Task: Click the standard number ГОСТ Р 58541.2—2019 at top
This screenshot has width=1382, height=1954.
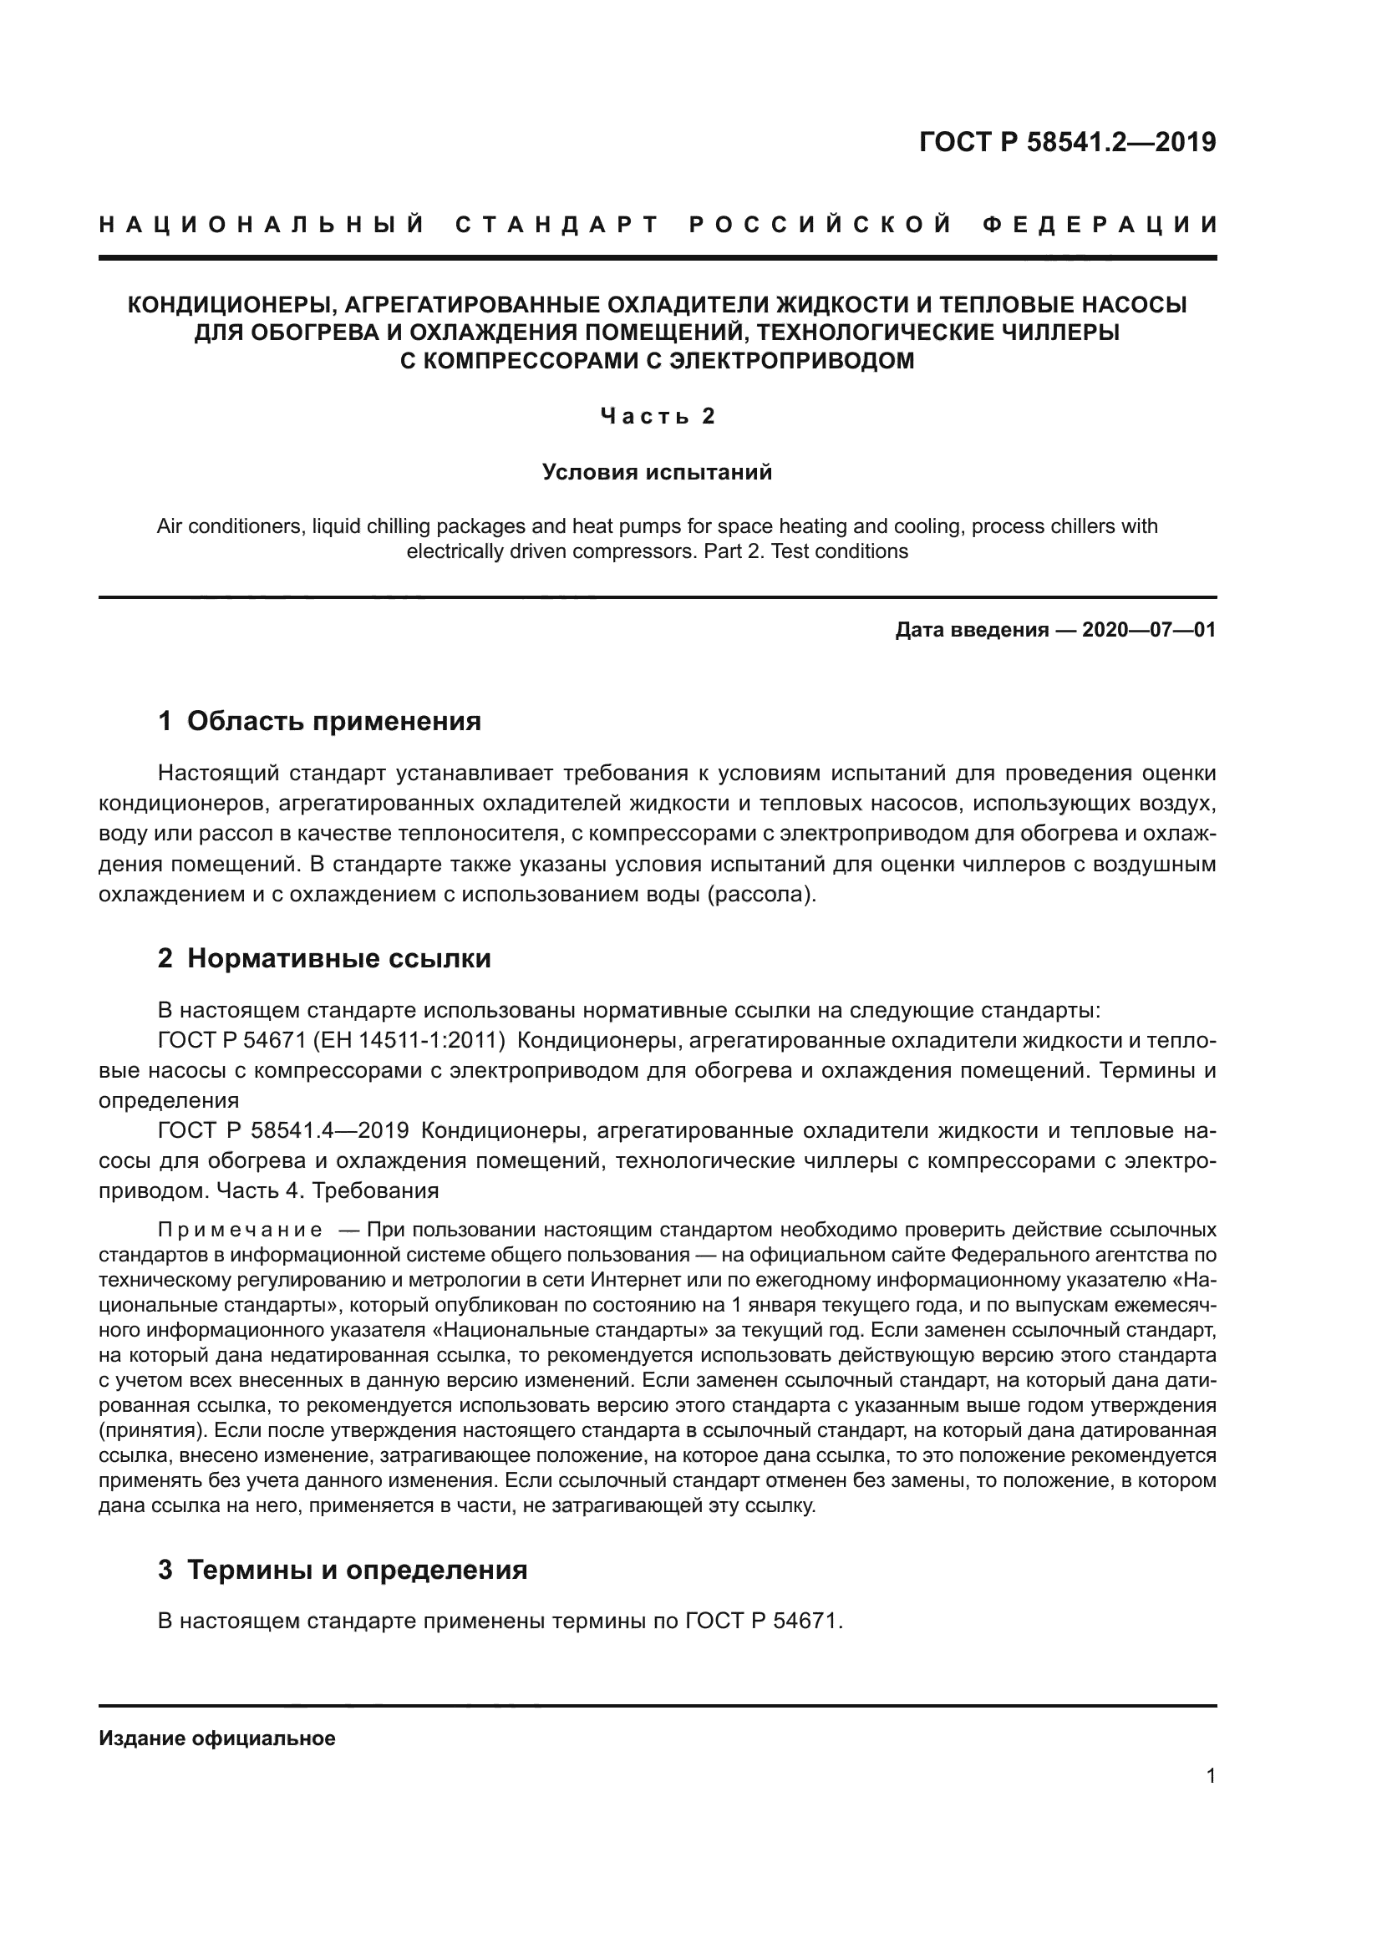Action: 1067,142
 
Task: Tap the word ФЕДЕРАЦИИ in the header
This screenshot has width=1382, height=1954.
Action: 1100,225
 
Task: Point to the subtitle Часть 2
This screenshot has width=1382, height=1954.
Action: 658,416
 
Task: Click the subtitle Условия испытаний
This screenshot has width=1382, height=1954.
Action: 657,471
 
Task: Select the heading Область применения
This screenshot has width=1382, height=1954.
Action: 333,721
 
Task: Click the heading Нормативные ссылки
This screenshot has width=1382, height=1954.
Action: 338,958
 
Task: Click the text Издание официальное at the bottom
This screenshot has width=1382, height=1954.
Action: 217,1738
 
